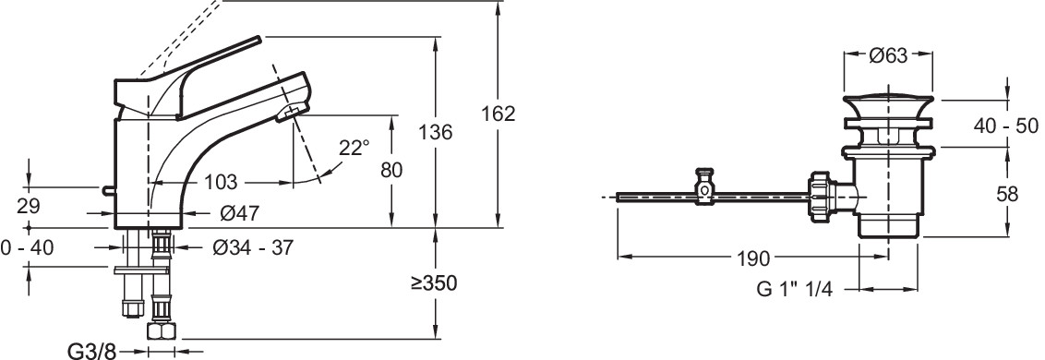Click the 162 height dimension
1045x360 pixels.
pyautogui.click(x=498, y=114)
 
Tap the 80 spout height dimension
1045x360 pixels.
pyautogui.click(x=391, y=170)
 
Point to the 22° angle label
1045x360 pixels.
pyautogui.click(x=354, y=147)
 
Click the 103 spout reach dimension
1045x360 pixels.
pyautogui.click(x=220, y=181)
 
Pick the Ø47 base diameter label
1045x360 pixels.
pyautogui.click(x=239, y=213)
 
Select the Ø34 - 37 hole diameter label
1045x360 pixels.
pyautogui.click(x=253, y=247)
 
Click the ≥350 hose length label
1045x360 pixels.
pyautogui.click(x=434, y=282)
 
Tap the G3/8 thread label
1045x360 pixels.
pyautogui.click(x=92, y=351)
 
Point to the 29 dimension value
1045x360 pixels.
pyautogui.click(x=29, y=206)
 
